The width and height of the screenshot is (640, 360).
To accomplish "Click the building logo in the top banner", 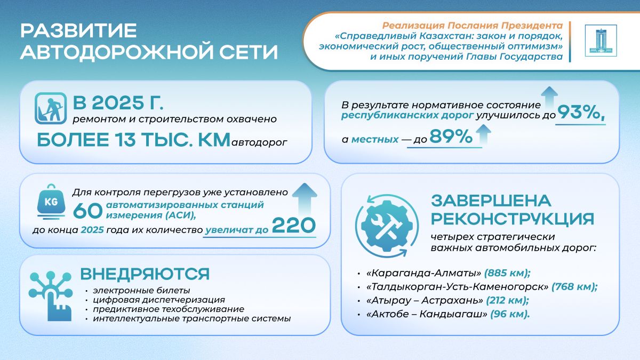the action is [x=601, y=41].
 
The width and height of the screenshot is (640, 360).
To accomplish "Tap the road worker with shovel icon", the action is [x=51, y=108].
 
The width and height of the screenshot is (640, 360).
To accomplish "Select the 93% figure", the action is [x=581, y=113].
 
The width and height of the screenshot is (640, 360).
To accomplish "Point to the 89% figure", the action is [x=451, y=137].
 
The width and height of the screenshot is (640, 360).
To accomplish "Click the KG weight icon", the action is [x=51, y=202].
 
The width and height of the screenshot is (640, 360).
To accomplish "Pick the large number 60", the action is [x=87, y=211].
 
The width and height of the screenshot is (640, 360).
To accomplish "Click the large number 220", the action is [x=294, y=226].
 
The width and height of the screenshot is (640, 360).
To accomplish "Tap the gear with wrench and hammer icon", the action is [x=387, y=226].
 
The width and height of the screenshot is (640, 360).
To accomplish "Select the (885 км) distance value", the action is [x=507, y=273].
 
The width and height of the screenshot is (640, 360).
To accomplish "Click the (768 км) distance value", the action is [x=574, y=286].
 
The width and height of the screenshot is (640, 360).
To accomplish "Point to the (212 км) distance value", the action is [x=507, y=300].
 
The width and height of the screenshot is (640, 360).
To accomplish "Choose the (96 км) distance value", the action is [x=510, y=314].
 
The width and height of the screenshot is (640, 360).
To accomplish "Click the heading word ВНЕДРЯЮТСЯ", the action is [x=145, y=274].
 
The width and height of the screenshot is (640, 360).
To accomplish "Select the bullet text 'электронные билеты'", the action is [x=141, y=291].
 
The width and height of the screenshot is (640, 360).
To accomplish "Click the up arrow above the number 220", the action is [x=305, y=198].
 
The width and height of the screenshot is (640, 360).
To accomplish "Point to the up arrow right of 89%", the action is [x=483, y=134].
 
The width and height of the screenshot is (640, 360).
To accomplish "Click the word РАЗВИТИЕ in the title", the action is [x=78, y=30].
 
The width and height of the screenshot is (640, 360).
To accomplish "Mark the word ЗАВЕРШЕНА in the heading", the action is [x=491, y=201].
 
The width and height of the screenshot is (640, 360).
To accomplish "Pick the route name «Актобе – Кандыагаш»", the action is [x=427, y=314].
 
